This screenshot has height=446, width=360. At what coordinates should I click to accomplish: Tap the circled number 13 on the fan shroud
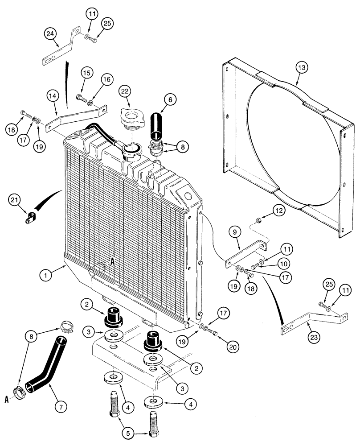point(302,68)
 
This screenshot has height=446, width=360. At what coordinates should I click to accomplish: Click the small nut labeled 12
point(260,219)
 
